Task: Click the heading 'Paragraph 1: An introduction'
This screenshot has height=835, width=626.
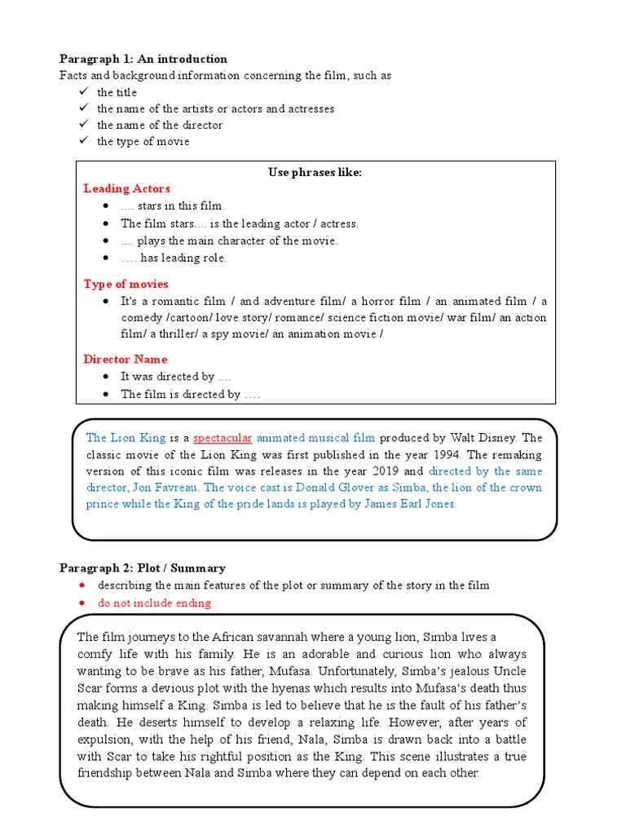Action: pos(143,59)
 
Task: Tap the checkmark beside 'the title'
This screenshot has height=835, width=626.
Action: pos(82,92)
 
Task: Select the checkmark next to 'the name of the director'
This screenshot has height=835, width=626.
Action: pos(82,125)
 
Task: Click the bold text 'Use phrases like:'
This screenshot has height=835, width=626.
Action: pos(315,172)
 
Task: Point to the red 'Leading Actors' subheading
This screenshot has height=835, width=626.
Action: pos(126,188)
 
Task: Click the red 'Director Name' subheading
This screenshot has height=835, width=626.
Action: pos(125,359)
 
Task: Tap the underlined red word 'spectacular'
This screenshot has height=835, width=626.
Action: pos(223,438)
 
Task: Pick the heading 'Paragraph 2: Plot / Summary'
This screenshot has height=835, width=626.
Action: pos(143,568)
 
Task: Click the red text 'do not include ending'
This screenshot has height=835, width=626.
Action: pos(154,603)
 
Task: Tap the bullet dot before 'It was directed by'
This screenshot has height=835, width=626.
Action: pos(106,377)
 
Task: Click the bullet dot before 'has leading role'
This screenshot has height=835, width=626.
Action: pos(106,258)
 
